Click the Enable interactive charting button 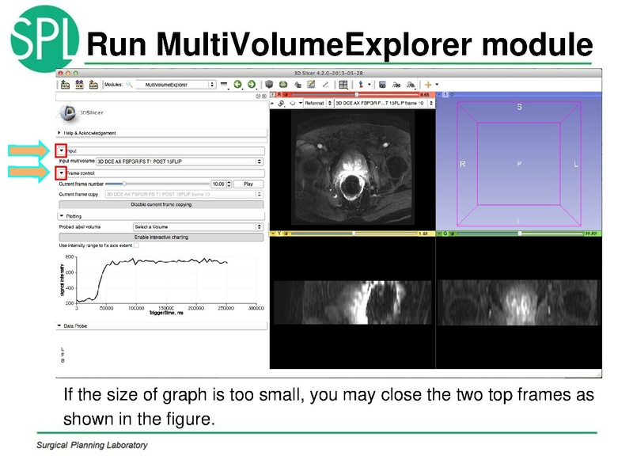coord(161,237)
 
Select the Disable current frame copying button coord(161,204)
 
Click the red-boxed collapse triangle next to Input coord(61,150)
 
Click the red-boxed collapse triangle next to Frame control coord(61,173)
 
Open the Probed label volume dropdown coord(198,226)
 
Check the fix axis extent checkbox coord(135,245)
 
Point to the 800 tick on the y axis coord(69,258)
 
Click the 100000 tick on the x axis coord(136,308)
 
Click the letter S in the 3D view coord(519,107)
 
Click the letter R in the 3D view coord(463,164)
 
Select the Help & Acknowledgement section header coord(90,133)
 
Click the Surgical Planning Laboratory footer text coord(92,445)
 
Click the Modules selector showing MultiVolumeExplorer coord(175,84)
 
